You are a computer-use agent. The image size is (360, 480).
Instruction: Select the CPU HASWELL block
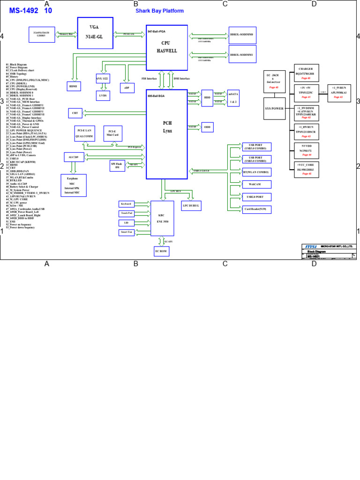167,47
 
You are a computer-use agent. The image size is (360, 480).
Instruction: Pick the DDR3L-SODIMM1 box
242,55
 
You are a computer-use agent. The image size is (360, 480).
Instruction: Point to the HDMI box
74,86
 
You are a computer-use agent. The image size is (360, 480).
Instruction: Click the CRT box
75,113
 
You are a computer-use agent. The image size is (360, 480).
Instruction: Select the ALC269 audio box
73,157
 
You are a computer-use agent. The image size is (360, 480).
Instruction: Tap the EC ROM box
161,251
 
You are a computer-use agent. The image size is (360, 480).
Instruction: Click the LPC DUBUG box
191,206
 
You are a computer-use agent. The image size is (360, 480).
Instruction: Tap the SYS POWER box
275,108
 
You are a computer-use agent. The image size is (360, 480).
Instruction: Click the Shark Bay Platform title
159,11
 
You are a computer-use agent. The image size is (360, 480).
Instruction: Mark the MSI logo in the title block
311,247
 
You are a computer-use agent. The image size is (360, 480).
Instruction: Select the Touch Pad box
127,213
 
